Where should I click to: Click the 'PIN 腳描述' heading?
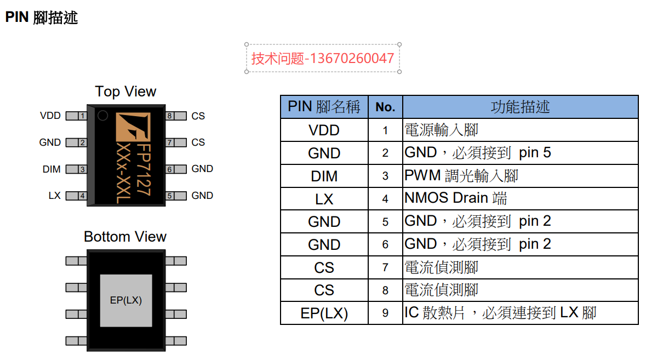click(x=42, y=18)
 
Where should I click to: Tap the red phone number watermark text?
click(x=323, y=58)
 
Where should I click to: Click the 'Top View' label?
click(x=125, y=92)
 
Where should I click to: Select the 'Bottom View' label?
click(x=125, y=237)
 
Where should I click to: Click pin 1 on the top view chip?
click(x=76, y=116)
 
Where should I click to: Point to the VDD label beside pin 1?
click(x=50, y=116)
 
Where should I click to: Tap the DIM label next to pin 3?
click(x=52, y=169)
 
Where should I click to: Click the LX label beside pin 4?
click(x=55, y=196)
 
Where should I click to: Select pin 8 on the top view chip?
click(x=176, y=116)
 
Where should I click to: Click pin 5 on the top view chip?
click(x=176, y=196)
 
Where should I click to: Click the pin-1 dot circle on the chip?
click(x=102, y=116)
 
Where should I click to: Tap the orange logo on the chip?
click(x=133, y=127)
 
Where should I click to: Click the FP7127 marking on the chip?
click(x=144, y=170)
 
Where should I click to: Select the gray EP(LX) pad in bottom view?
click(x=126, y=300)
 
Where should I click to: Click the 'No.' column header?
click(x=385, y=107)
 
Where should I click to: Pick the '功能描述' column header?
click(x=521, y=107)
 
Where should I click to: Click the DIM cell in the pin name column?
click(x=324, y=176)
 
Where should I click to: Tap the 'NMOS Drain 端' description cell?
click(x=521, y=198)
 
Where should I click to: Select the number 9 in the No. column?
click(x=385, y=313)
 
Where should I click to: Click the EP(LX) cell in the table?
click(x=324, y=313)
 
